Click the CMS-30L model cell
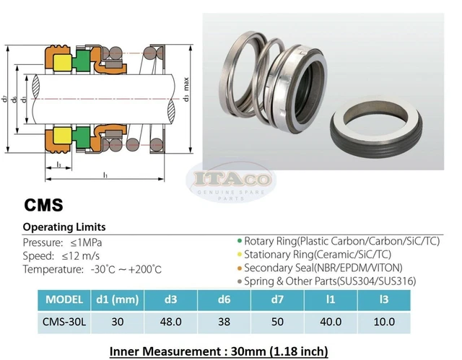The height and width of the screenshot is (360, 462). [x=64, y=322]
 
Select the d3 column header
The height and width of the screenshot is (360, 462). [x=170, y=299]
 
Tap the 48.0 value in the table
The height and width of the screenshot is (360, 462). [x=170, y=322]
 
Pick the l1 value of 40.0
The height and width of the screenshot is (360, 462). [x=331, y=322]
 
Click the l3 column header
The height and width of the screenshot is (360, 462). [x=384, y=299]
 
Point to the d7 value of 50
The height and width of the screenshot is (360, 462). [x=277, y=322]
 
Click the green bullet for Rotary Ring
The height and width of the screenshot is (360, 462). [x=240, y=241]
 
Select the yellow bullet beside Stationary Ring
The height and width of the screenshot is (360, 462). [x=240, y=255]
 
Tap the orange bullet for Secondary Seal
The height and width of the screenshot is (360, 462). [x=240, y=268]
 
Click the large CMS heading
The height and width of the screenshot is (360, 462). [x=43, y=205]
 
